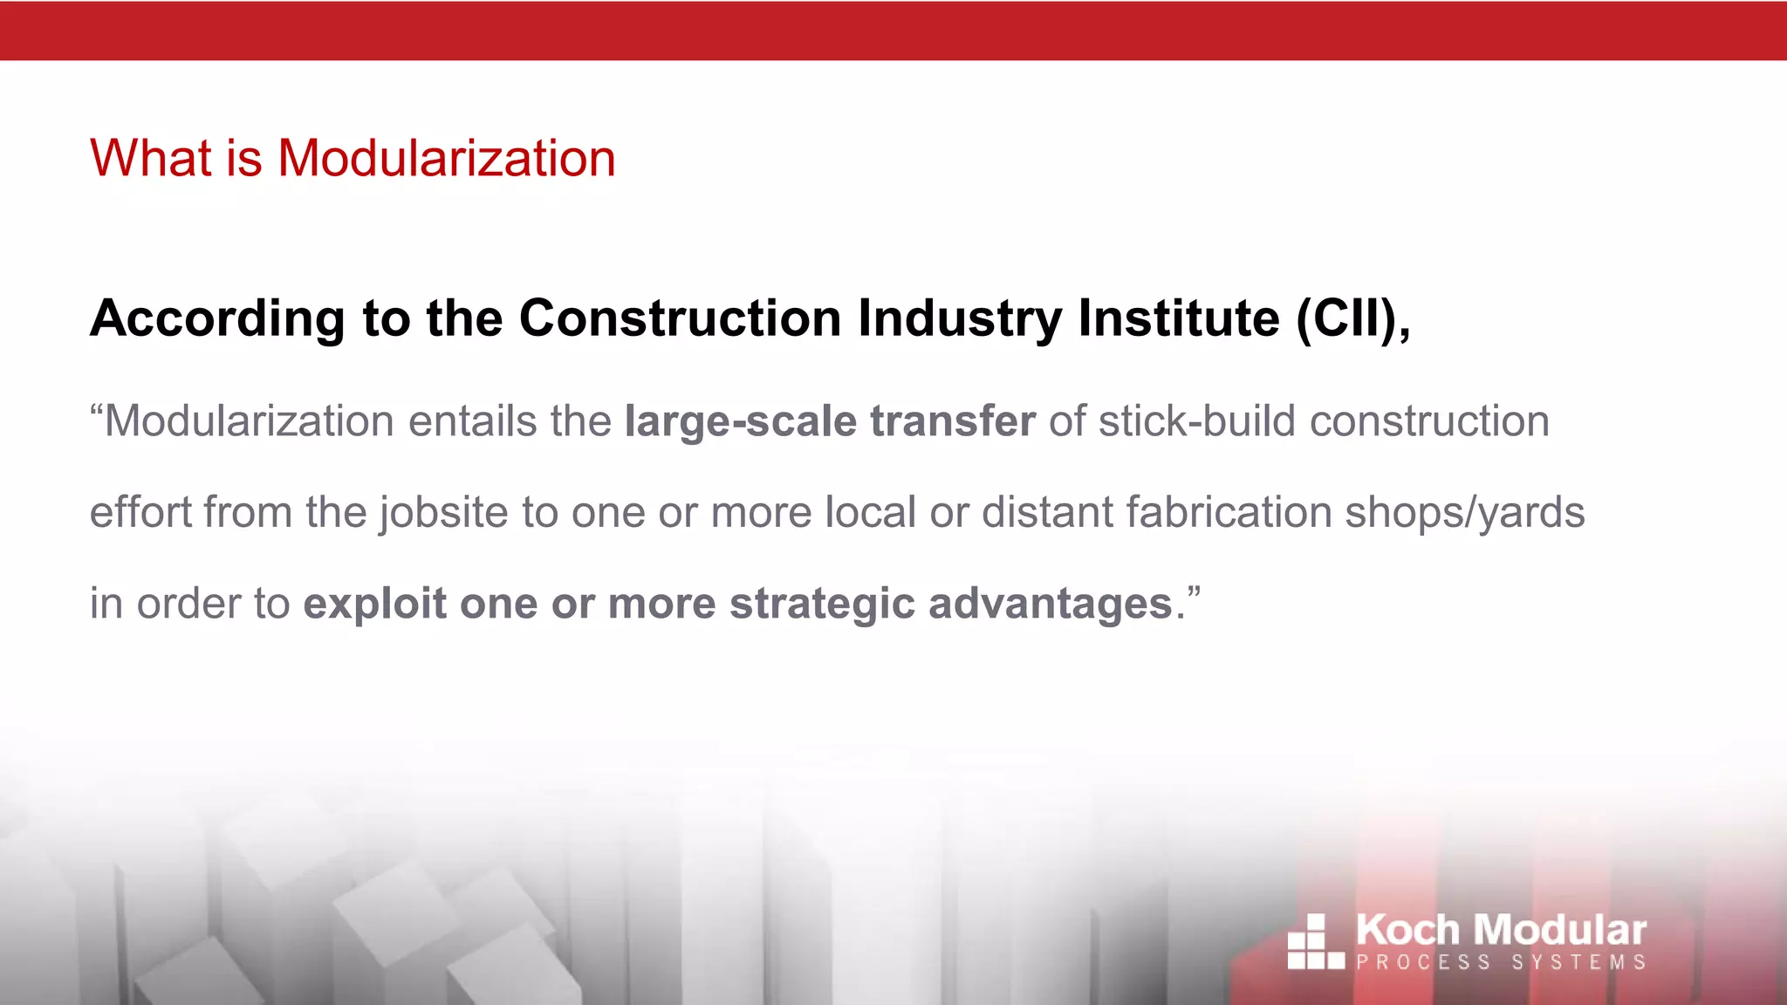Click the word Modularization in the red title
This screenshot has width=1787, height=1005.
[446, 159]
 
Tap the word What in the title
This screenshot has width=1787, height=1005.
[150, 159]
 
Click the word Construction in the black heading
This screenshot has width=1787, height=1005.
[681, 318]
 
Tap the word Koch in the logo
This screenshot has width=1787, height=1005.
[1407, 930]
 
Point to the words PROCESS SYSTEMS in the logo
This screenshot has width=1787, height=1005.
[1501, 962]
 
